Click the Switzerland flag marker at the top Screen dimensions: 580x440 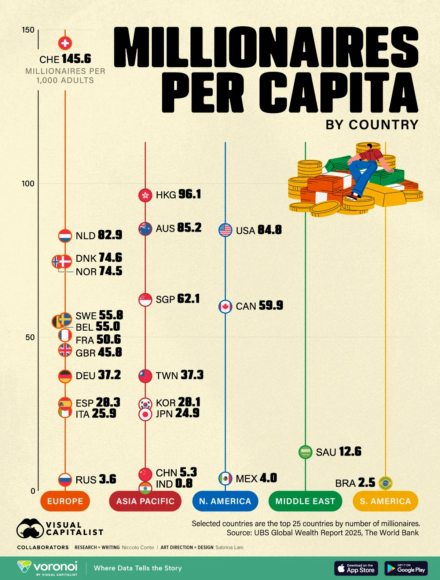tap(65, 43)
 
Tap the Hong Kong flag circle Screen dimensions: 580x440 tap(145, 195)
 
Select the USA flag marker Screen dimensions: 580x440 tap(225, 230)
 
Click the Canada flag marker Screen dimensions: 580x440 tap(225, 306)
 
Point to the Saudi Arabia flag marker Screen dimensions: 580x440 tap(305, 452)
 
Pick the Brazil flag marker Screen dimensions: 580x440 tap(385, 483)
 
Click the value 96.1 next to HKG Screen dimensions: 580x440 tap(190, 194)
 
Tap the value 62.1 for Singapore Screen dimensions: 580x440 tap(188, 299)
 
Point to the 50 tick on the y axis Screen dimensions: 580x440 tap(30, 337)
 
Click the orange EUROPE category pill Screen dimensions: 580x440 tap(65, 501)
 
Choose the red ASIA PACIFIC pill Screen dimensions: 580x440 tap(145, 501)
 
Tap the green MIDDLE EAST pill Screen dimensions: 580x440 tap(305, 501)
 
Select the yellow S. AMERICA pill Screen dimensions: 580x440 tap(385, 501)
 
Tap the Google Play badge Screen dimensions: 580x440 tap(406, 568)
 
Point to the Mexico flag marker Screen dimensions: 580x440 tap(225, 478)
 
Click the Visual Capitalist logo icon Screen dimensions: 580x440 tap(30, 529)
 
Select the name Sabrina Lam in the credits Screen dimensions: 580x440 tap(229, 547)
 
